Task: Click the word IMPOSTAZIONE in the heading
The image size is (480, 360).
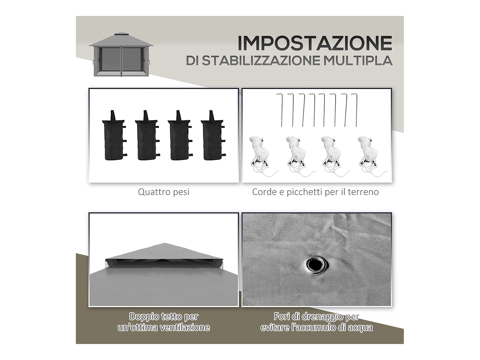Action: coord(315,43)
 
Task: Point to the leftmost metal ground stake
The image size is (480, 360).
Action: coord(281,110)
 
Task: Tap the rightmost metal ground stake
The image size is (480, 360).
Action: coord(356,110)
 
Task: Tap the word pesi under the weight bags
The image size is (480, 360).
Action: coord(181,192)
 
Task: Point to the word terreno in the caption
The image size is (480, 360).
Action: coord(363,192)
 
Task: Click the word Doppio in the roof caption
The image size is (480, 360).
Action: coord(144,316)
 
